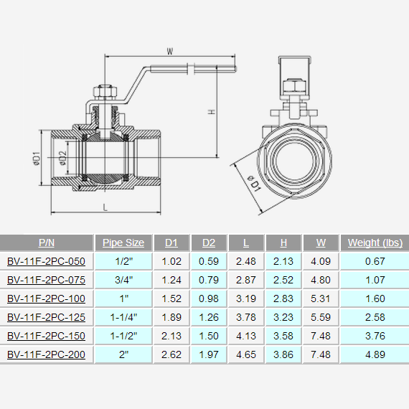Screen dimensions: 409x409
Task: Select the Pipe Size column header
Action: coord(123,243)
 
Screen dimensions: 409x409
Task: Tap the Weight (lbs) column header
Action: coord(375,243)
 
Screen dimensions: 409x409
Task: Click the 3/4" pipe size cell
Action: coord(123,280)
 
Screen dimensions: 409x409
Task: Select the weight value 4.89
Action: coord(375,354)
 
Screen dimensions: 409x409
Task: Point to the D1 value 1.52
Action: coord(171,298)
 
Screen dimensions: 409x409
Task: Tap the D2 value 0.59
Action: coord(209,261)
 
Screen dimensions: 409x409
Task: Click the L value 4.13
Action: coord(246,335)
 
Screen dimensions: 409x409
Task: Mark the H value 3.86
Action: coord(283,354)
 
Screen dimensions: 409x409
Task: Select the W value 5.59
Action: coord(320,316)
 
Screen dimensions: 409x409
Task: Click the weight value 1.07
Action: coord(375,280)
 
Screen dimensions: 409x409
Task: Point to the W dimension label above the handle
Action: coord(170,51)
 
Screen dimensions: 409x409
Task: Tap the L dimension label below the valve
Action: coord(105,207)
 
